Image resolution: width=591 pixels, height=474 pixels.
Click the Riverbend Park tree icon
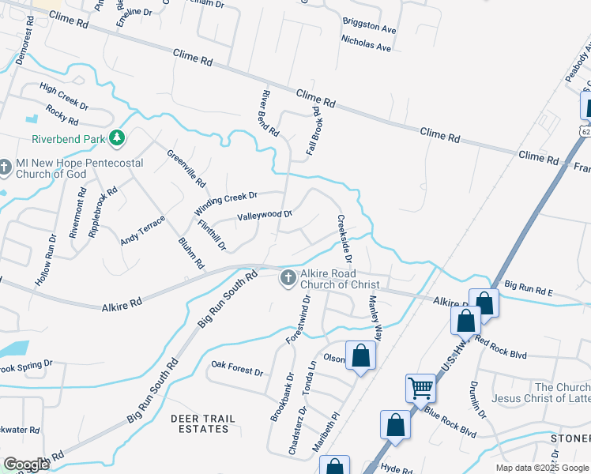tap(117, 139)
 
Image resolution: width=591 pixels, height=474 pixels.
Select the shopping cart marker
tap(420, 388)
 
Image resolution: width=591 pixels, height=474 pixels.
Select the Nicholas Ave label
tap(366, 43)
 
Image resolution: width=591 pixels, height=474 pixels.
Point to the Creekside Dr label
tap(345, 239)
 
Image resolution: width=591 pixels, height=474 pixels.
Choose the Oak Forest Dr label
tap(237, 368)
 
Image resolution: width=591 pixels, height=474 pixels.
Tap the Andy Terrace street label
tap(143, 230)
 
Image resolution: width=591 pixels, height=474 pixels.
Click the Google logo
tap(26, 465)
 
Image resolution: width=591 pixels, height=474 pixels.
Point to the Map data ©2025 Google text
tap(541, 468)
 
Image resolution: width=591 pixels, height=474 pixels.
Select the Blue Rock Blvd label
tap(450, 422)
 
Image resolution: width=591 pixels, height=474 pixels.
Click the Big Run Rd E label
tap(529, 288)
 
